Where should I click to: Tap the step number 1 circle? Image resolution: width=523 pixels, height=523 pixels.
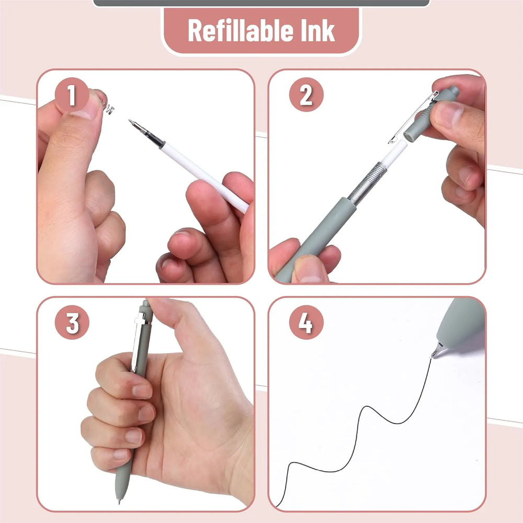(x=72, y=95)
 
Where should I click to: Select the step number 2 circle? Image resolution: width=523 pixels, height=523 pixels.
(x=306, y=95)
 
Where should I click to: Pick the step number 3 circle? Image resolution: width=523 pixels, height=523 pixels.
(x=72, y=322)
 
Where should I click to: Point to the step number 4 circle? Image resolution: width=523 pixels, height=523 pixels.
(x=306, y=322)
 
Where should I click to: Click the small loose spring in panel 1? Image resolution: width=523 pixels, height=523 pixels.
(x=108, y=106)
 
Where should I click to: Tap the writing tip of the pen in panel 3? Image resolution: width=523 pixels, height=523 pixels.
(x=119, y=501)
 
